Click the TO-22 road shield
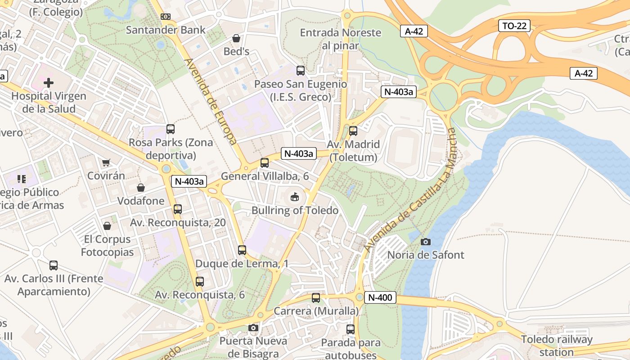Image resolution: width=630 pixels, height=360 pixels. pyautogui.click(x=514, y=26)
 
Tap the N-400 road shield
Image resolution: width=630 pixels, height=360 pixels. pyautogui.click(x=380, y=297)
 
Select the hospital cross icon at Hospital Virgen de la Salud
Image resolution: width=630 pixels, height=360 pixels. pyautogui.click(x=49, y=83)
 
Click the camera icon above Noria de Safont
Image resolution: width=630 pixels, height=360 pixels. pyautogui.click(x=425, y=242)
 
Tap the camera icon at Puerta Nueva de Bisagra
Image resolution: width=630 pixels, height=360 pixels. pyautogui.click(x=253, y=328)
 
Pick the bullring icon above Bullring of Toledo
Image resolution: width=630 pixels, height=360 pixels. pyautogui.click(x=295, y=197)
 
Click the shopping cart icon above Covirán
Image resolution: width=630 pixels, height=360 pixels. pyautogui.click(x=106, y=162)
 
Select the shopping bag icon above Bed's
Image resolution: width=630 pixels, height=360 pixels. pyautogui.click(x=236, y=38)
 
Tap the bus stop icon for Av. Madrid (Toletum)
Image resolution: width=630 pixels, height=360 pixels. pyautogui.click(x=353, y=131)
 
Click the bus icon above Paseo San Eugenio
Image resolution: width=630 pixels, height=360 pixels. pyautogui.click(x=300, y=71)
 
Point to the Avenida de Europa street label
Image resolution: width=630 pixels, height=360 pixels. pyautogui.click(x=211, y=101)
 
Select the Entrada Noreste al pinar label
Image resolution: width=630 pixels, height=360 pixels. pyautogui.click(x=340, y=39)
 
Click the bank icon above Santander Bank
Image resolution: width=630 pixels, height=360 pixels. pyautogui.click(x=166, y=17)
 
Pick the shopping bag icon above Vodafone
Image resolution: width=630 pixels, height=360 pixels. pyautogui.click(x=141, y=188)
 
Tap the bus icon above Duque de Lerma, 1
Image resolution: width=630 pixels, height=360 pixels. pyautogui.click(x=242, y=250)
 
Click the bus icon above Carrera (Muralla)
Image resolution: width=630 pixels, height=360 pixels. pyautogui.click(x=316, y=298)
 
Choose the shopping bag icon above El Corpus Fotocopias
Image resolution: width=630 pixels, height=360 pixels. pyautogui.click(x=107, y=226)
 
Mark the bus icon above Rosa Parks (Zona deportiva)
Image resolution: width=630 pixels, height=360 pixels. pyautogui.click(x=171, y=129)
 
